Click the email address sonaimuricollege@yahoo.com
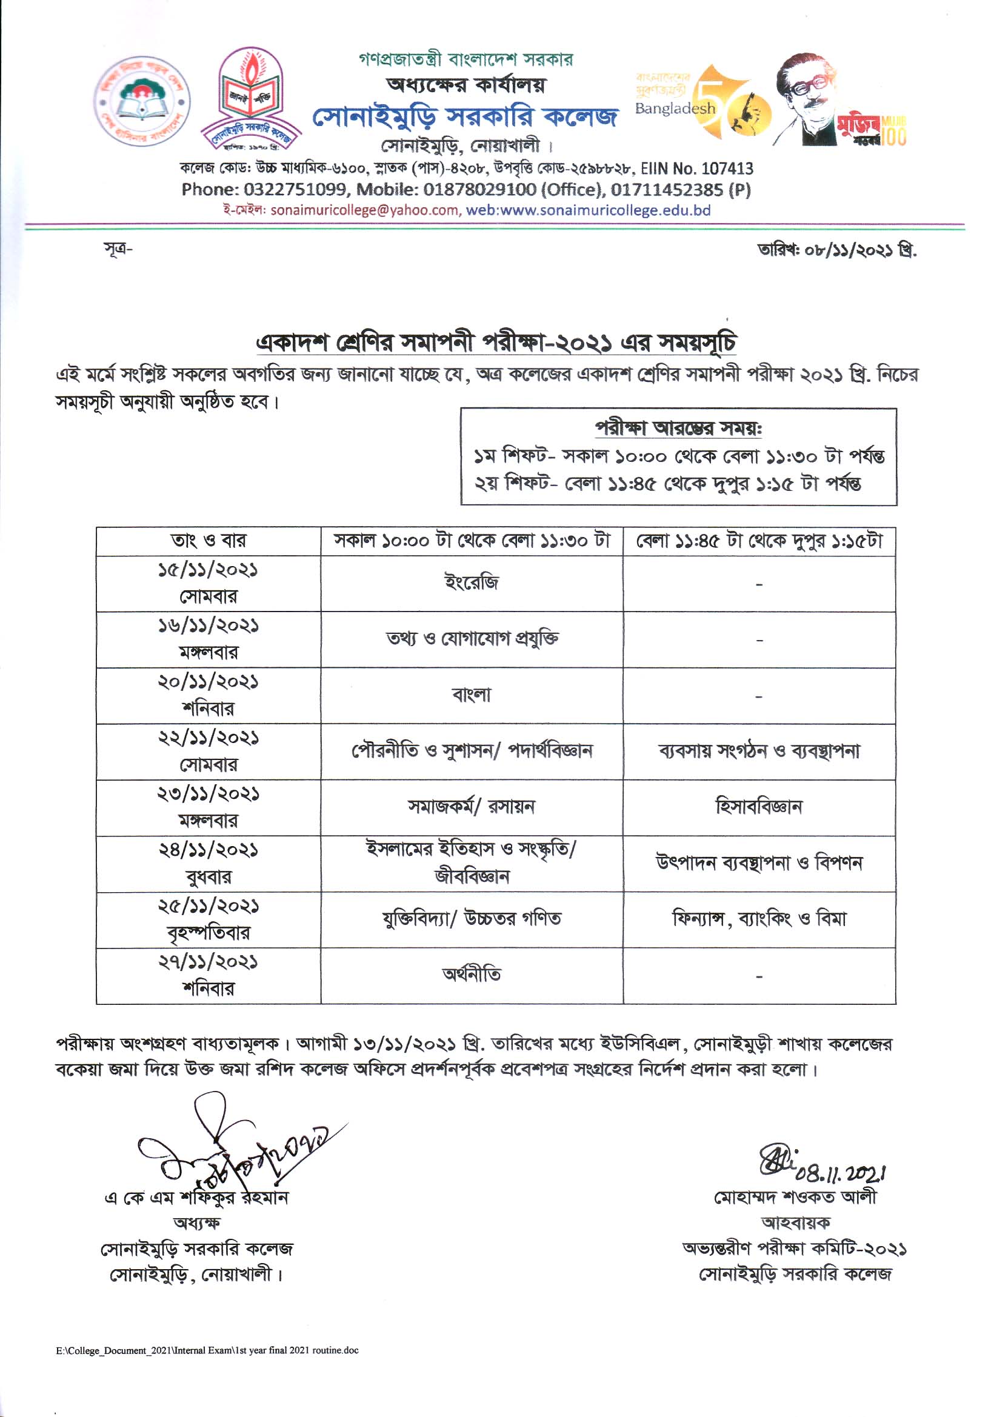pyautogui.click(x=364, y=210)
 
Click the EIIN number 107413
pyautogui.click(x=696, y=168)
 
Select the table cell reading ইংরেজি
pyautogui.click(x=472, y=582)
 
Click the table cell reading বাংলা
pyautogui.click(x=472, y=695)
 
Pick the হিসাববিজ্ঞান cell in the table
pyautogui.click(x=758, y=807)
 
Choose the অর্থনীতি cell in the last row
pyautogui.click(x=472, y=975)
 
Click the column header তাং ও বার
pyautogui.click(x=208, y=541)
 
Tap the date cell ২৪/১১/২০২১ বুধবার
pyautogui.click(x=208, y=863)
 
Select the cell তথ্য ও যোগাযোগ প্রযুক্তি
pyautogui.click(x=472, y=639)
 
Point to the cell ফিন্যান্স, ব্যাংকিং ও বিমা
pyautogui.click(x=758, y=919)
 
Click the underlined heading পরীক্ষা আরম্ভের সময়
pyautogui.click(x=678, y=428)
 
